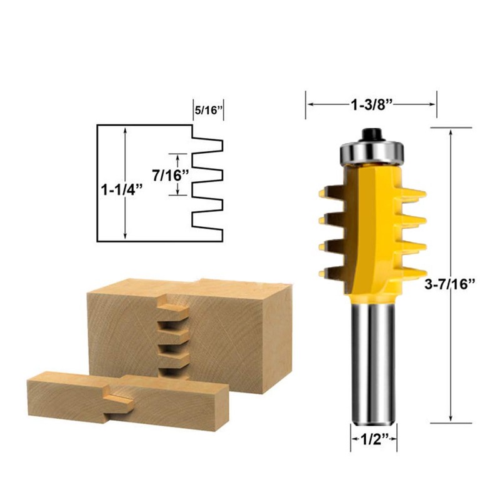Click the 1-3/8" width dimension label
(371, 104)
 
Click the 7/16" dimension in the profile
(168, 175)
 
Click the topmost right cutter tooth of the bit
(417, 192)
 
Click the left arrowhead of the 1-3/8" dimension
(308, 105)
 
